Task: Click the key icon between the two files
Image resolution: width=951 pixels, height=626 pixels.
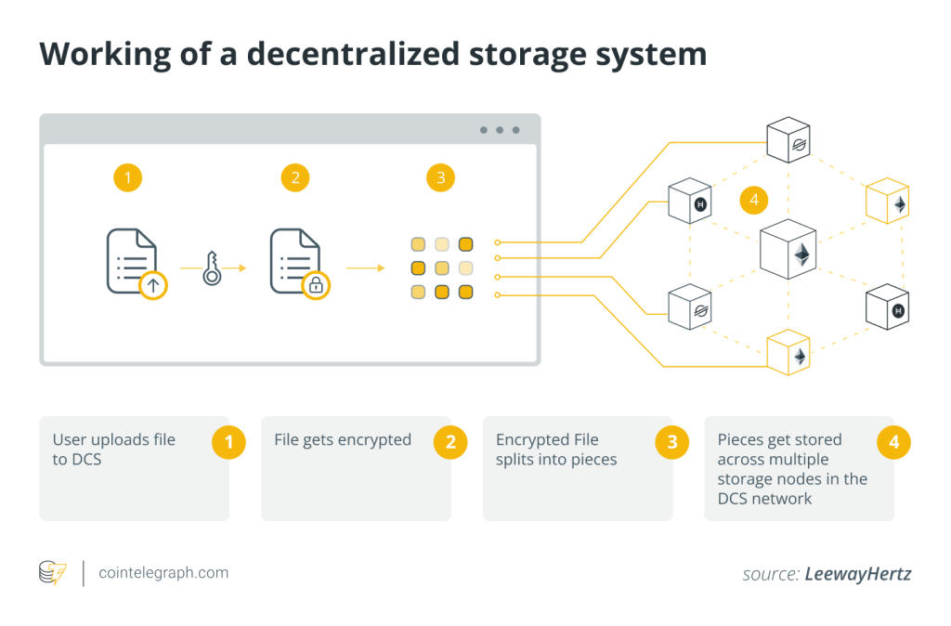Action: coord(212,268)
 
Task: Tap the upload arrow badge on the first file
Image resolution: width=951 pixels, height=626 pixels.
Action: coord(153,284)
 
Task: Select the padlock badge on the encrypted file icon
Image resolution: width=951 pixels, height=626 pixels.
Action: coord(316,284)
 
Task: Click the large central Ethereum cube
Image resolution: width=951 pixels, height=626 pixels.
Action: coord(788,251)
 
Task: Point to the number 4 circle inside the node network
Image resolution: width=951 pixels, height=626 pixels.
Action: coord(754,200)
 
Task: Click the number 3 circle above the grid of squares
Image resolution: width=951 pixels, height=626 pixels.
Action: coord(440,177)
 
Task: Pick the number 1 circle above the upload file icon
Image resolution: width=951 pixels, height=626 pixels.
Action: coord(127,177)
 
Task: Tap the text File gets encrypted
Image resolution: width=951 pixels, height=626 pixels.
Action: coord(342,439)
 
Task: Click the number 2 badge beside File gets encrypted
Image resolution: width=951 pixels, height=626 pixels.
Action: coord(450,442)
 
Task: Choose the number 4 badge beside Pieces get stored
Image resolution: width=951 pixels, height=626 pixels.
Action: coord(893,442)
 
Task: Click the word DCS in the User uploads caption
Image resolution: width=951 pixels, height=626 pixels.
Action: coord(88,459)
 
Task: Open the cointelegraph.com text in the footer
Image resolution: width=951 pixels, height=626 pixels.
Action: coord(163,572)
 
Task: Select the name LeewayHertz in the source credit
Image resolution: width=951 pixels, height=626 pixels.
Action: coord(858,574)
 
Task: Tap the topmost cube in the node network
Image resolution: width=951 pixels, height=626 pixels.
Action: coord(788,139)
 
